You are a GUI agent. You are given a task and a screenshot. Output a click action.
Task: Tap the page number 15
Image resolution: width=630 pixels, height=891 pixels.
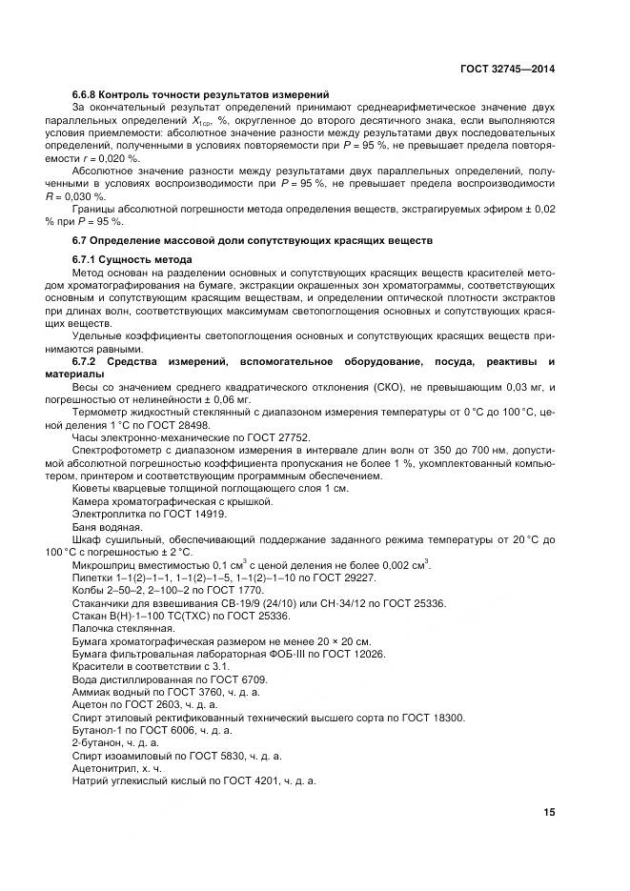click(x=548, y=812)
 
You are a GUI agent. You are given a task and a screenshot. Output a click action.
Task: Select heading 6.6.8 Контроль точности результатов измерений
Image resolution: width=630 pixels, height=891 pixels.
click(x=201, y=94)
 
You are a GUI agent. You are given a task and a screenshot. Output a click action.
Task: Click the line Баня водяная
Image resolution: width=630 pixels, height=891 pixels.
click(x=107, y=526)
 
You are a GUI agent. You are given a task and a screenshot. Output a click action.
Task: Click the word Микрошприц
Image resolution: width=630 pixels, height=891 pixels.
click(x=103, y=565)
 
